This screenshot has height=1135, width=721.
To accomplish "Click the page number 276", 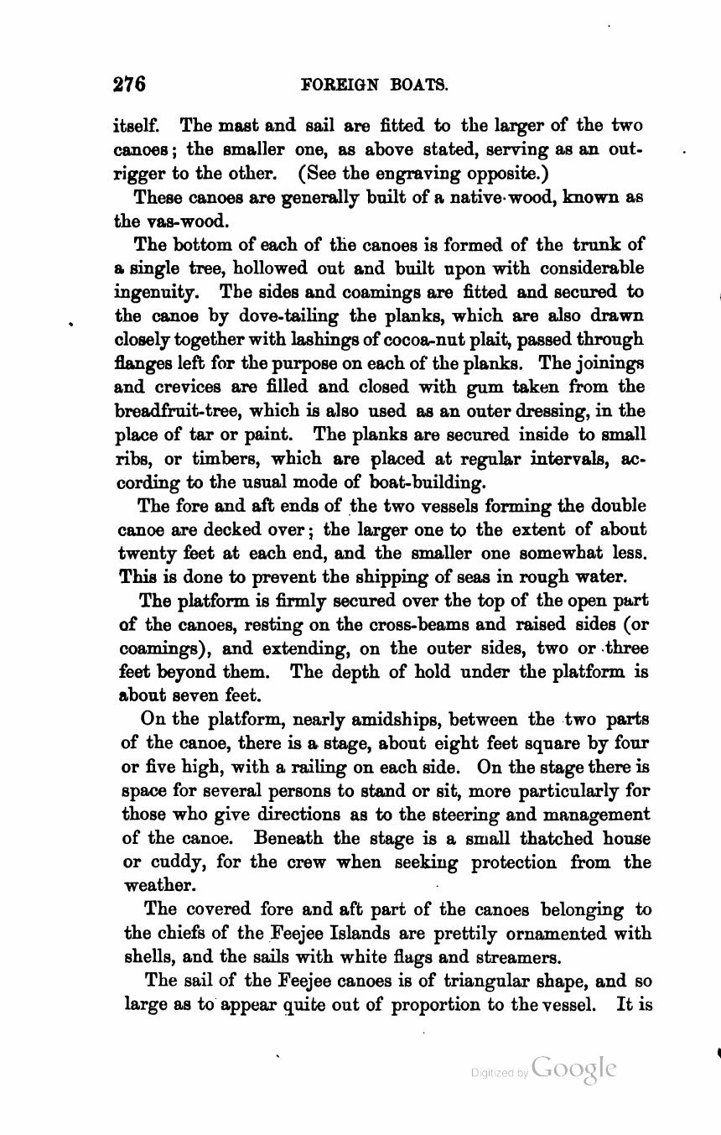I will point(130,84).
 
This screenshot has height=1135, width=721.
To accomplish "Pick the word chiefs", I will point(195,934).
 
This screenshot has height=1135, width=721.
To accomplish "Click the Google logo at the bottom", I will point(573,1069).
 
